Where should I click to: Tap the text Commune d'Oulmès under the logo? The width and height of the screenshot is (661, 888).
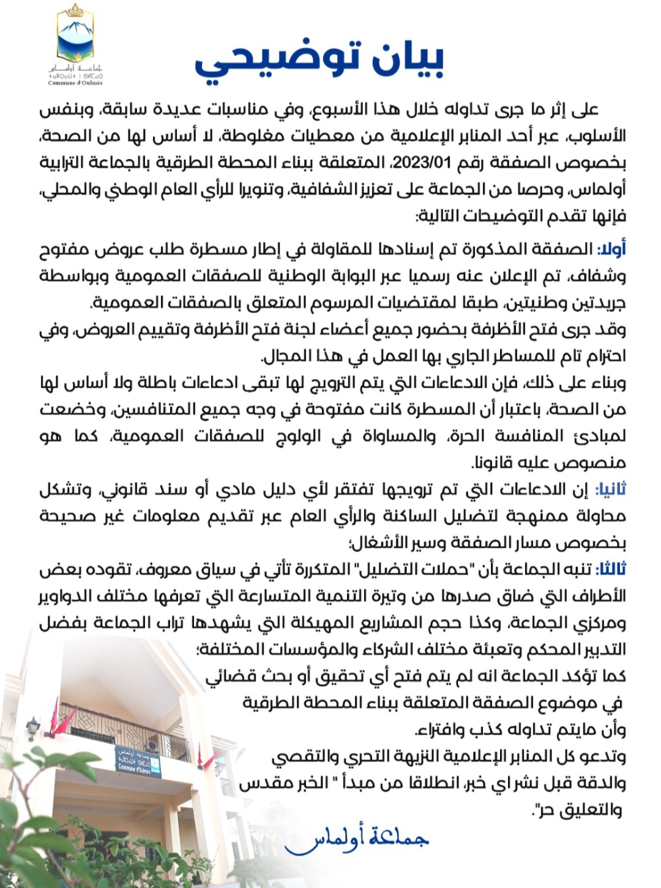[75, 83]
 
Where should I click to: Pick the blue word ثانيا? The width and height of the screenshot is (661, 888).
[610, 489]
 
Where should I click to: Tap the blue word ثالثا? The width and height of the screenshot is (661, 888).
[611, 570]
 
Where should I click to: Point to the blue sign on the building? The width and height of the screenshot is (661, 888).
[137, 761]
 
